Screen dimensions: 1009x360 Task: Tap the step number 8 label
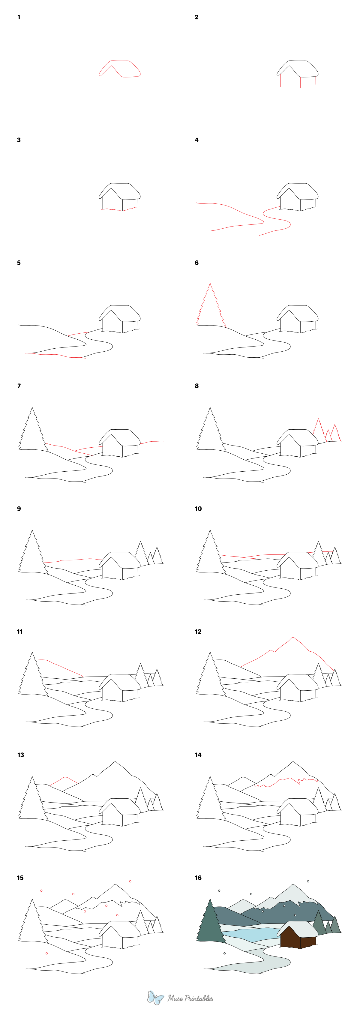pyautogui.click(x=196, y=386)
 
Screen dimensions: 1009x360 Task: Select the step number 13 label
pyautogui.click(x=20, y=755)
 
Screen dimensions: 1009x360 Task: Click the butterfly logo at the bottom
pyautogui.click(x=155, y=998)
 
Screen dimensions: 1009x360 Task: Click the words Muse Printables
pyautogui.click(x=190, y=998)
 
